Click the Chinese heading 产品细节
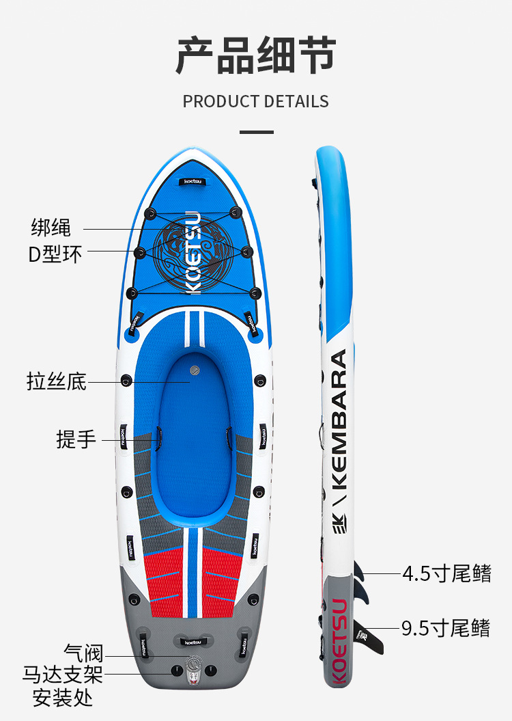(255, 56)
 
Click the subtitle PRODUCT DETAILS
(255, 102)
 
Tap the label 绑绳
(51, 227)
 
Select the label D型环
(55, 254)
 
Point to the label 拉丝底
(57, 381)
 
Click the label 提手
(76, 439)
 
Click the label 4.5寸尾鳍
(446, 573)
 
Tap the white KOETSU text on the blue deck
(193, 253)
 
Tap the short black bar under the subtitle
(256, 132)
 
